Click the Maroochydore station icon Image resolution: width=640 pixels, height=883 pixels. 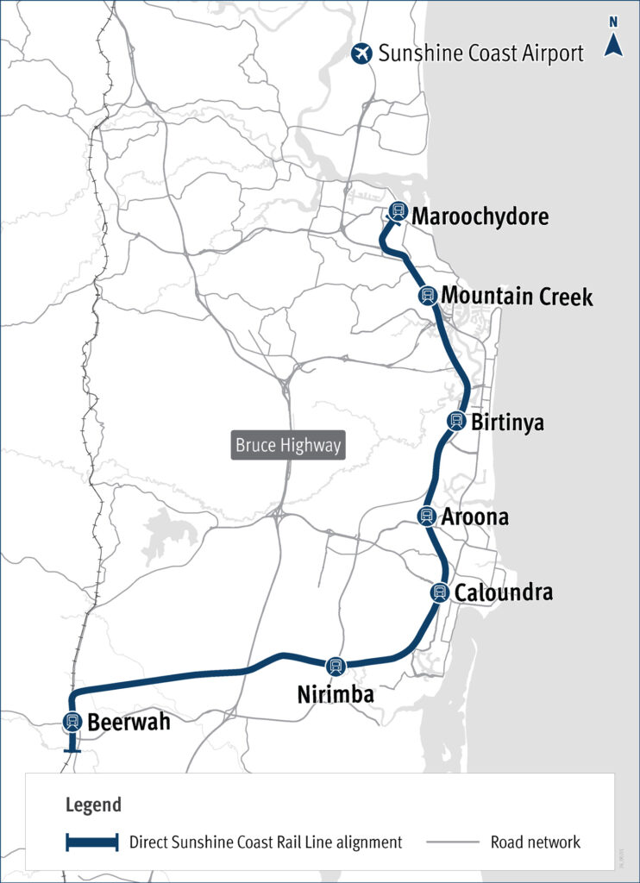point(398,210)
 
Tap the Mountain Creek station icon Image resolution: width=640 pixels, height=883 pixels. point(427,296)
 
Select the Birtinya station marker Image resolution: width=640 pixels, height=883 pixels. point(456,421)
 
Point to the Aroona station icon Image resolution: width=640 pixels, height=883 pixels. point(426,516)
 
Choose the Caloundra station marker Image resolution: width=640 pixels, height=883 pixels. point(440,592)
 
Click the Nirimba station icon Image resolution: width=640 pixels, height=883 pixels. point(336,666)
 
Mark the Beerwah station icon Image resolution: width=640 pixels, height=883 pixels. point(72,723)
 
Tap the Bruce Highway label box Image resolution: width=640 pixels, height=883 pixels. point(289,446)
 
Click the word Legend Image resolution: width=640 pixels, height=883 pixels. point(93,805)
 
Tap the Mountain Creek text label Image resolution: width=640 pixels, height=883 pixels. point(518,297)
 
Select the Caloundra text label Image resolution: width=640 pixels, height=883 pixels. point(504,593)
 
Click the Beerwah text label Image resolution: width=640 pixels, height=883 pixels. point(128,723)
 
